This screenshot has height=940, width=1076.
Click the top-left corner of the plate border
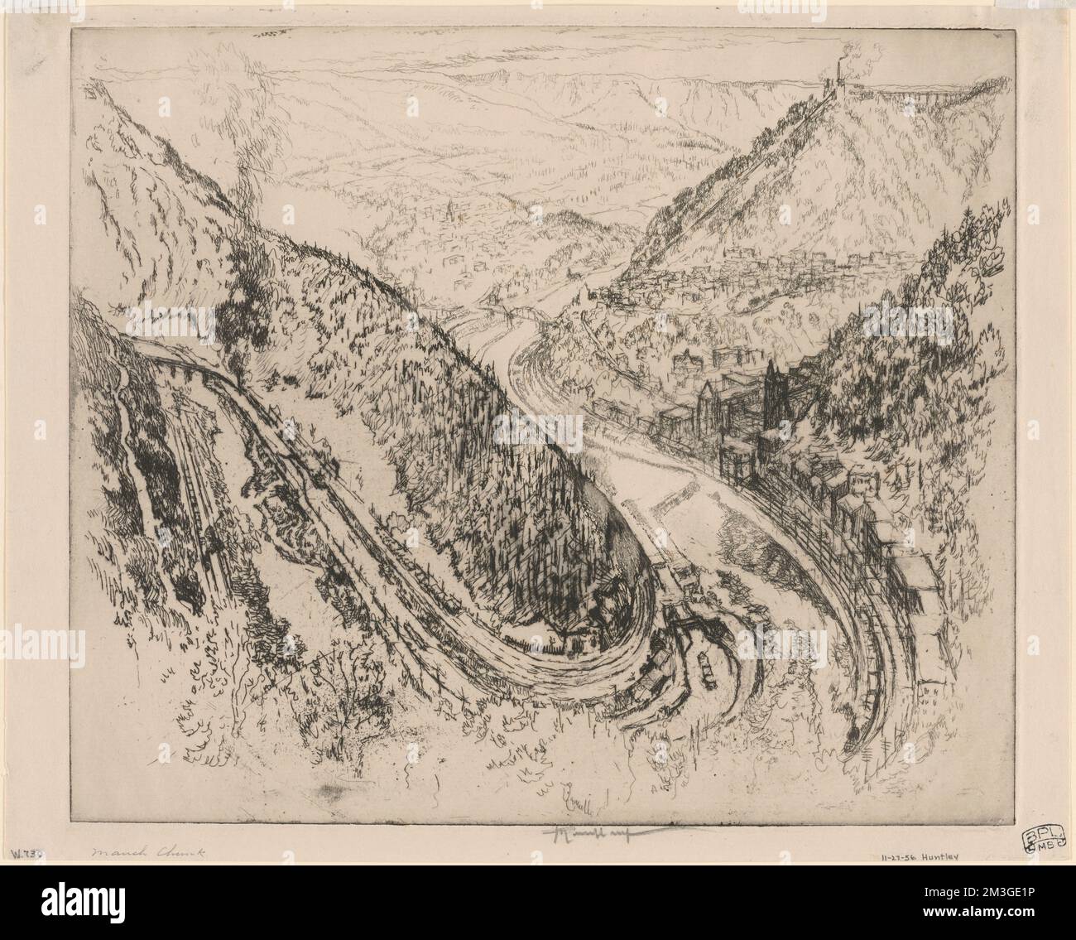(72, 31)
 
